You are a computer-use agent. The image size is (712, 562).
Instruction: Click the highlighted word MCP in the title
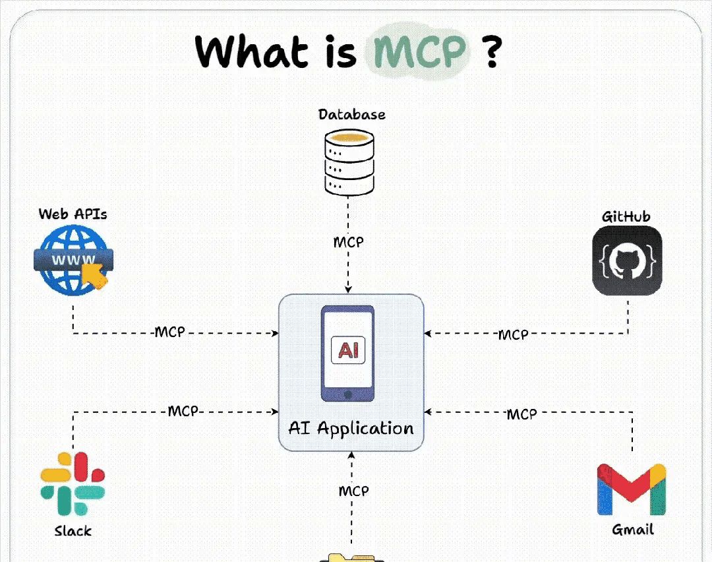point(420,51)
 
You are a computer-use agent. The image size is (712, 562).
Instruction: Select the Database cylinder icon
point(349,162)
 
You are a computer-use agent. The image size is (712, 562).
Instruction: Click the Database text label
point(351,115)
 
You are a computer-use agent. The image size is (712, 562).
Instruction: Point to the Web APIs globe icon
point(71,260)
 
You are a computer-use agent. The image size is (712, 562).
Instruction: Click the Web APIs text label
point(73,214)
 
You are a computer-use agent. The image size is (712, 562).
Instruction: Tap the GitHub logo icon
point(626,261)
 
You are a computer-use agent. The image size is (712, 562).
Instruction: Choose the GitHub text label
point(626,217)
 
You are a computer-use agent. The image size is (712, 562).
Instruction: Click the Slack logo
point(73,484)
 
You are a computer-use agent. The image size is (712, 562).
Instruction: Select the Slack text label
point(73,530)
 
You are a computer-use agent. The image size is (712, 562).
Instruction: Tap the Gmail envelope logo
point(632,489)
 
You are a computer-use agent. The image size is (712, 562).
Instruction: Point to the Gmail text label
point(632,529)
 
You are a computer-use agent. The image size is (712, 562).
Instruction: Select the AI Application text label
point(351,429)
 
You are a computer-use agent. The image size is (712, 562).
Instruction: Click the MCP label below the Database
point(348,242)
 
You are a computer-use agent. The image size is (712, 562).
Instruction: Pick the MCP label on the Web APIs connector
point(169,332)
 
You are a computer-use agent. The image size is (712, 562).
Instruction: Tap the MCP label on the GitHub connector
point(512,334)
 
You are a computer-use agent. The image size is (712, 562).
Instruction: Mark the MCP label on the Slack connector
point(183,412)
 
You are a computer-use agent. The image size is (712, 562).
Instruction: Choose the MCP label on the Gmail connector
point(521,414)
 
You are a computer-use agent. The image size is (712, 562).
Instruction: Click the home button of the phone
point(347,393)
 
